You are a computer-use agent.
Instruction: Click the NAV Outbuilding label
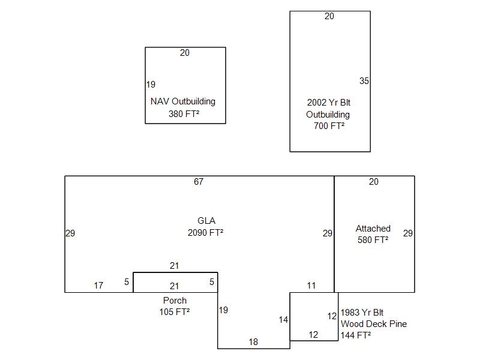182,101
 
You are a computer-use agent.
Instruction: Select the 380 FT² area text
184,114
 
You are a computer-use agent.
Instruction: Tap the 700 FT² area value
329,126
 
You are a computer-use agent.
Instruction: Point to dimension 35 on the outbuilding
364,81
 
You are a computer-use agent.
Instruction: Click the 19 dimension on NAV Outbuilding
151,85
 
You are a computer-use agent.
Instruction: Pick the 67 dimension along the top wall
199,182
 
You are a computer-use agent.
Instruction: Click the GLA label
206,221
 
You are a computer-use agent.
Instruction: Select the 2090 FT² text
206,233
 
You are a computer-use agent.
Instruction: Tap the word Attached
373,229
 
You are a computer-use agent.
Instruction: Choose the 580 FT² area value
373,241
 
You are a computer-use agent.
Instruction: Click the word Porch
175,300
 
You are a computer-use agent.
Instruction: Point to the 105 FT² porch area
175,312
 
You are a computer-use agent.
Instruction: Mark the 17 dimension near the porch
98,286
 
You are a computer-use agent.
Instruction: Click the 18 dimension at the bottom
253,342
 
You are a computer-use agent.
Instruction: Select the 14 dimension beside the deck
283,320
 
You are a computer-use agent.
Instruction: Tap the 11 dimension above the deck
311,286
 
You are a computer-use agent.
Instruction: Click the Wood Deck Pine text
374,324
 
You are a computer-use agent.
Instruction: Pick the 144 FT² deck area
356,335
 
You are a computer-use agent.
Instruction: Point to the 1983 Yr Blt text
362,313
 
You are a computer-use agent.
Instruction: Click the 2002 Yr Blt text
329,103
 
